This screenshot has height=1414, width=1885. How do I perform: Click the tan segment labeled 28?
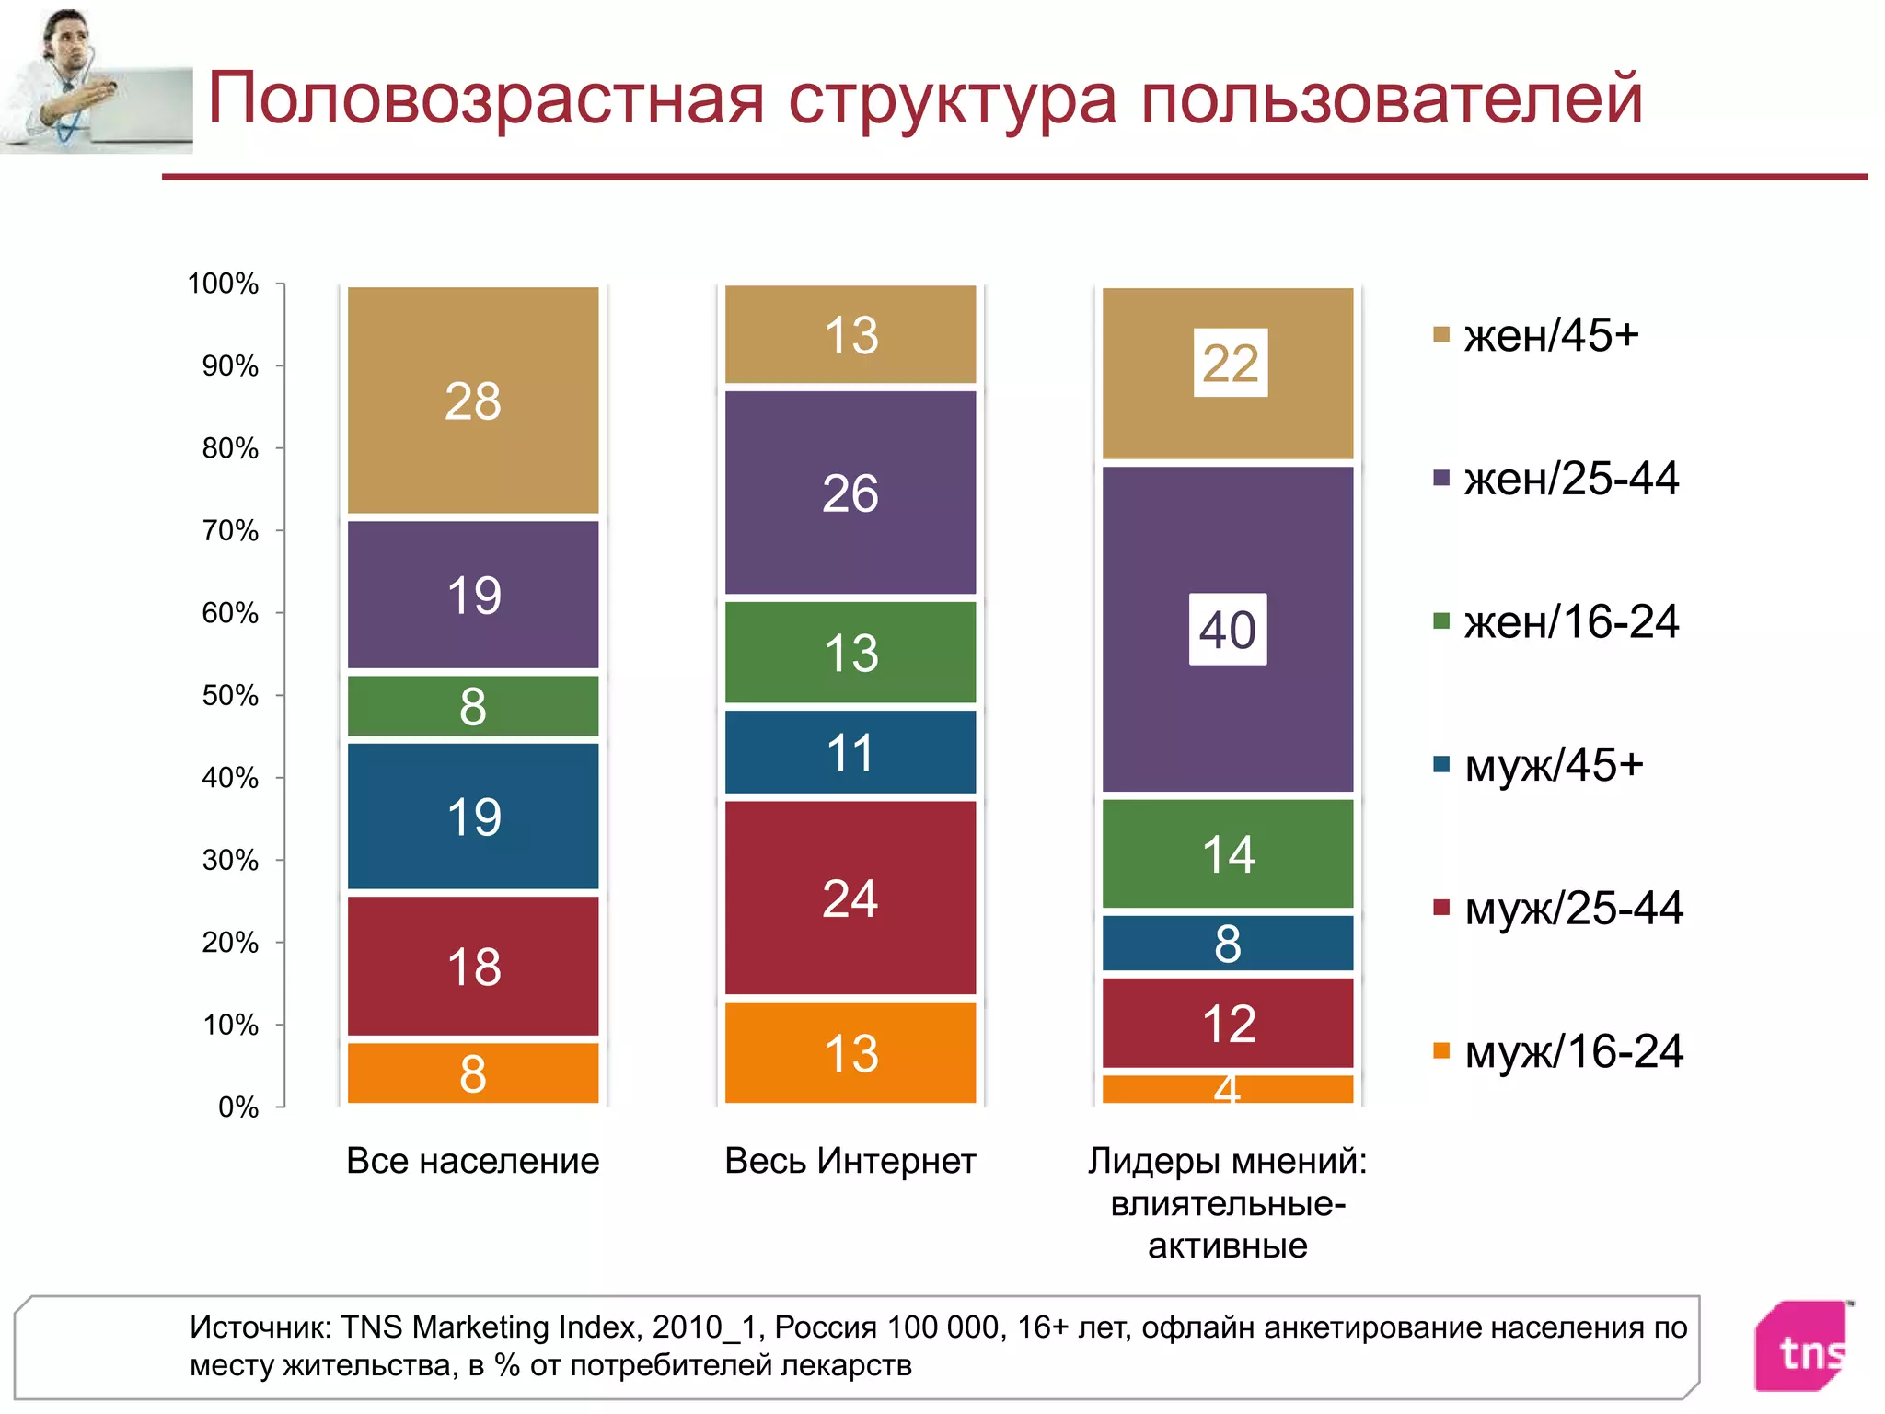[473, 400]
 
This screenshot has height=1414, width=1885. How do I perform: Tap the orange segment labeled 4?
[1228, 1089]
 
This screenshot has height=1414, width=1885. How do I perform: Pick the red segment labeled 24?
[850, 898]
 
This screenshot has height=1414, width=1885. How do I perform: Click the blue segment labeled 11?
[850, 752]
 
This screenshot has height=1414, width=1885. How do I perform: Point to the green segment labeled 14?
[1228, 854]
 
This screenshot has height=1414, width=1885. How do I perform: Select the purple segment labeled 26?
[850, 493]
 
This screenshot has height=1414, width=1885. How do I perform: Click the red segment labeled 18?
[473, 967]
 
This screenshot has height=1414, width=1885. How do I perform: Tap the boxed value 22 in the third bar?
[1230, 364]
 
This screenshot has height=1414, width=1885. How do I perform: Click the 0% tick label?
[237, 1107]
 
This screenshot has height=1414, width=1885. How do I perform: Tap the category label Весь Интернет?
[850, 1161]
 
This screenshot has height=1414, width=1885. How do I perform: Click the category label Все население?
[473, 1161]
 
